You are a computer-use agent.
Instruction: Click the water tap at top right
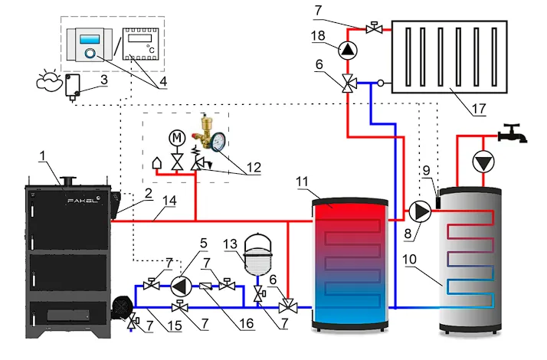pyautogui.click(x=513, y=133)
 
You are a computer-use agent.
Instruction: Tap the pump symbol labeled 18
pyautogui.click(x=348, y=51)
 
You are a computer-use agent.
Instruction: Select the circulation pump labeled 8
pyautogui.click(x=420, y=211)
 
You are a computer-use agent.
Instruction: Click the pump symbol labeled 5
pyautogui.click(x=181, y=286)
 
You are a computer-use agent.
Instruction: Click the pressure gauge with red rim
pyautogui.click(x=218, y=142)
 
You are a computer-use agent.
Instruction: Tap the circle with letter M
pyautogui.click(x=177, y=138)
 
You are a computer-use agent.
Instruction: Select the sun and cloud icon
pyautogui.click(x=49, y=80)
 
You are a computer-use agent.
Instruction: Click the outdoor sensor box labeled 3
pyautogui.click(x=73, y=86)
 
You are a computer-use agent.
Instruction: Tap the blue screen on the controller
pyautogui.click(x=90, y=39)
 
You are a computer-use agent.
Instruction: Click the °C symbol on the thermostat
pyautogui.click(x=151, y=49)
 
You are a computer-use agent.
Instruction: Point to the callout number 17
pyautogui.click(x=479, y=109)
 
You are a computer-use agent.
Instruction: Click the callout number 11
pyautogui.click(x=302, y=182)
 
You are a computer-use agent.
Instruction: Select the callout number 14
pyautogui.click(x=169, y=201)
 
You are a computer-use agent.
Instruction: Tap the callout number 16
pyautogui.click(x=246, y=323)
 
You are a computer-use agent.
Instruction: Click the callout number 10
pyautogui.click(x=409, y=260)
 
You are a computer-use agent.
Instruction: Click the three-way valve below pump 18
pyautogui.click(x=348, y=83)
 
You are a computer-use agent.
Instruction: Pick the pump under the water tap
pyautogui.click(x=483, y=162)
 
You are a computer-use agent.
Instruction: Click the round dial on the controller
pyautogui.click(x=90, y=54)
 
